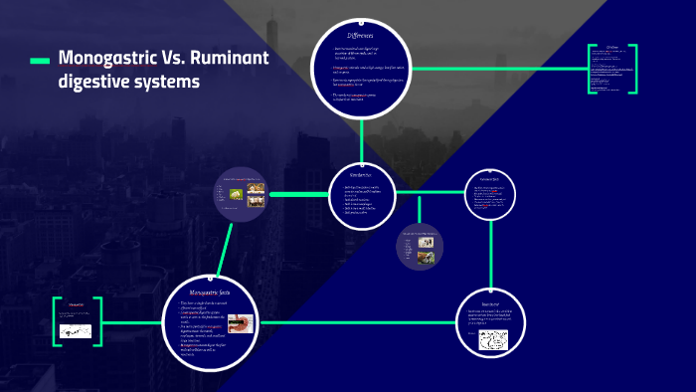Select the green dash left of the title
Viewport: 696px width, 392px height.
coord(40,62)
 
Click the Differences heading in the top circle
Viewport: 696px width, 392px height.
coord(359,35)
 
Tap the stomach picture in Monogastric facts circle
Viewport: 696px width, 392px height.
coord(241,323)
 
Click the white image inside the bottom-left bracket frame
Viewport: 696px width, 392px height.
coord(75,329)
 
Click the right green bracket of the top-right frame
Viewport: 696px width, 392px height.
coord(633,69)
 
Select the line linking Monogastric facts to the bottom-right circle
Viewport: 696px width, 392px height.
coord(348,321)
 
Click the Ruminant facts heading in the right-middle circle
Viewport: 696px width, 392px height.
coord(491,179)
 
